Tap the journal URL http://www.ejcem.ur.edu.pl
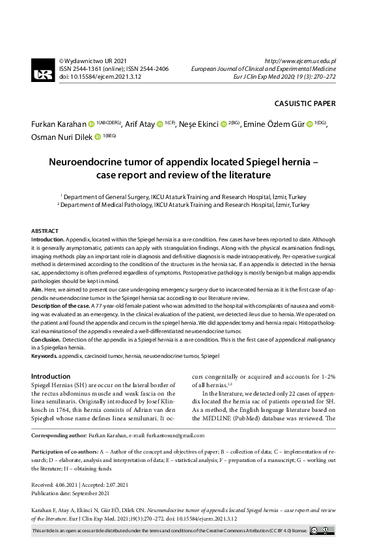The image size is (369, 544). [x=305, y=61]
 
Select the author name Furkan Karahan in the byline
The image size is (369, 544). [x=58, y=124]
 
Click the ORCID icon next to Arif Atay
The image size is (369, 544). [x=159, y=124]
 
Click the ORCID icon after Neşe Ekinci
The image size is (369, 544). [x=223, y=124]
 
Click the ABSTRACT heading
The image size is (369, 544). [x=45, y=231]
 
